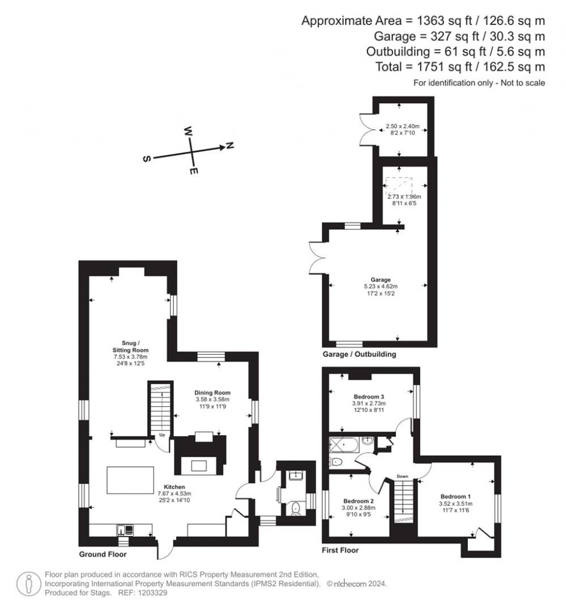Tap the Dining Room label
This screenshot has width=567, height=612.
pos(212,392)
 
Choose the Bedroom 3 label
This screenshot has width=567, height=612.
pos(369,397)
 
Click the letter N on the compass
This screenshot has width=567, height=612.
pos(229,145)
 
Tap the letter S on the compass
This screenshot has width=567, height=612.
pos(147,159)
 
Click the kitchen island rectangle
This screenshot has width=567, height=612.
pos(131,480)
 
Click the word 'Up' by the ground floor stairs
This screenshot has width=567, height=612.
pos(162,435)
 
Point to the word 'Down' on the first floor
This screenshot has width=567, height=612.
pos(403,476)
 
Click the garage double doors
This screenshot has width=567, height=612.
pos(316,257)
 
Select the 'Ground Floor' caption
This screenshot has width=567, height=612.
pos(103,554)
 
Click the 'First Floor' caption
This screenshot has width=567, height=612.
pos(340,550)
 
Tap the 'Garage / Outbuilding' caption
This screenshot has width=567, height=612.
pos(359,354)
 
